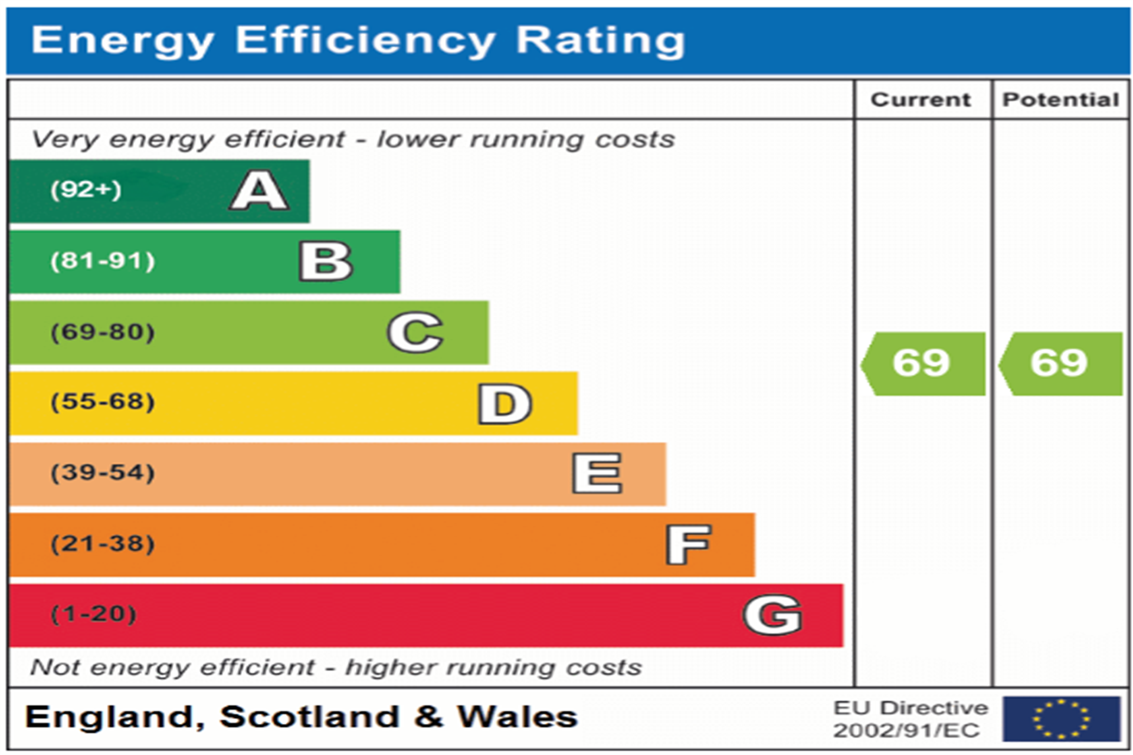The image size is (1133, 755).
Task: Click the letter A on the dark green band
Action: point(260,191)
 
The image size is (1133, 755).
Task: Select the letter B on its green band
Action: point(326,261)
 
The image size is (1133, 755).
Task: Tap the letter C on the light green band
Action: point(415,332)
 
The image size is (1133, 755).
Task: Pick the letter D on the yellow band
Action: point(505,403)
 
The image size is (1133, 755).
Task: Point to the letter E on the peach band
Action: point(597,474)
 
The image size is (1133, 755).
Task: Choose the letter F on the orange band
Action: point(688,544)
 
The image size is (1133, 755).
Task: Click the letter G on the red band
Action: point(772,615)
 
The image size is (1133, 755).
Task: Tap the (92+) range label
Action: point(86,190)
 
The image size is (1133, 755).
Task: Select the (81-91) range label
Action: point(103,261)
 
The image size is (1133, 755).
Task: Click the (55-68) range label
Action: point(103,402)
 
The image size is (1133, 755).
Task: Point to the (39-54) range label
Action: point(103,473)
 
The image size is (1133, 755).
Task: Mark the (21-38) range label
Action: point(103,544)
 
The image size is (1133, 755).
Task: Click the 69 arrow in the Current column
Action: point(923,363)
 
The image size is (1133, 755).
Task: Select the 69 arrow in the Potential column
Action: point(1060,363)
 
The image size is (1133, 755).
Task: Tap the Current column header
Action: point(921,100)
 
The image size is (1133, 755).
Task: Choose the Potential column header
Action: point(1060,100)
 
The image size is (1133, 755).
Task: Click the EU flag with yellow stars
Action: point(1061,718)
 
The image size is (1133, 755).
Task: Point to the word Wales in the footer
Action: point(517,717)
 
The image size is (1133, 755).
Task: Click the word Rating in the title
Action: point(600,41)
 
